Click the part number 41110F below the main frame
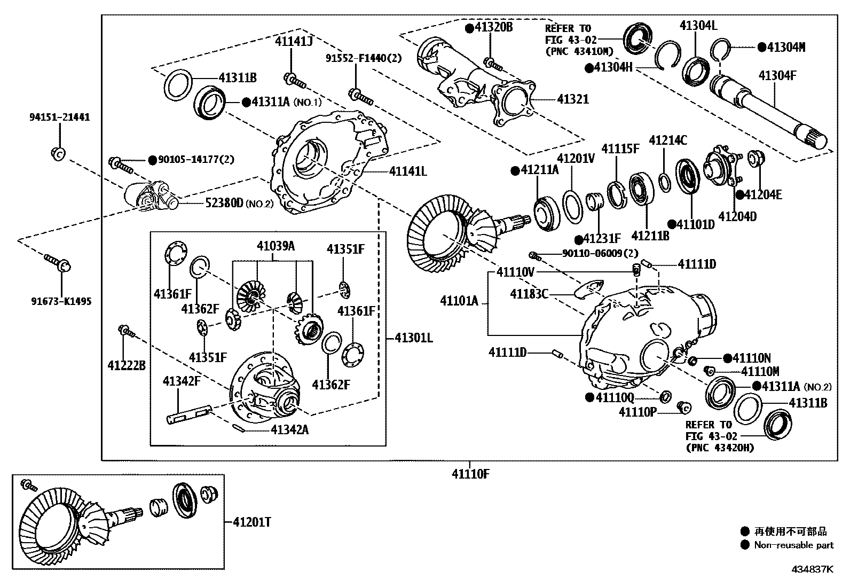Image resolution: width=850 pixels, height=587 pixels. (x=470, y=473)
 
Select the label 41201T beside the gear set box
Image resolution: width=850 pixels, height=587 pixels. (x=251, y=522)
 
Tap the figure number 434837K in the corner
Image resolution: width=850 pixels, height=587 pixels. (x=812, y=569)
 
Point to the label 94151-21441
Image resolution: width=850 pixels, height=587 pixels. (x=59, y=117)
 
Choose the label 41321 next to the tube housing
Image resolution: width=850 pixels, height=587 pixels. (x=573, y=99)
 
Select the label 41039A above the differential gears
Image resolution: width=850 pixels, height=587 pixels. (x=276, y=246)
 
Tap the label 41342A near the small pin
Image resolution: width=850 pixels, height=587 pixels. (x=289, y=429)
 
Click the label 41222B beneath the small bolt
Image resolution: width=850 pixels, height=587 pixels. (x=127, y=366)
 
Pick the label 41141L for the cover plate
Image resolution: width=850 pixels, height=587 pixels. (x=408, y=171)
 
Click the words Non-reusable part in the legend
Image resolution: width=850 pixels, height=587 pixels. (x=793, y=545)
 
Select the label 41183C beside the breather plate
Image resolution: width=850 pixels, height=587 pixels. (x=529, y=294)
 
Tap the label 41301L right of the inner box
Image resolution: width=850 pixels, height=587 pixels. (x=414, y=338)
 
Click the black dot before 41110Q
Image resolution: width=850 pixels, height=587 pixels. (x=589, y=397)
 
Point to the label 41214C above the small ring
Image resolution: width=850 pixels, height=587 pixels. (x=667, y=141)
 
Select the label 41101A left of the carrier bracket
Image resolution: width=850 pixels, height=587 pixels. (x=459, y=301)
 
